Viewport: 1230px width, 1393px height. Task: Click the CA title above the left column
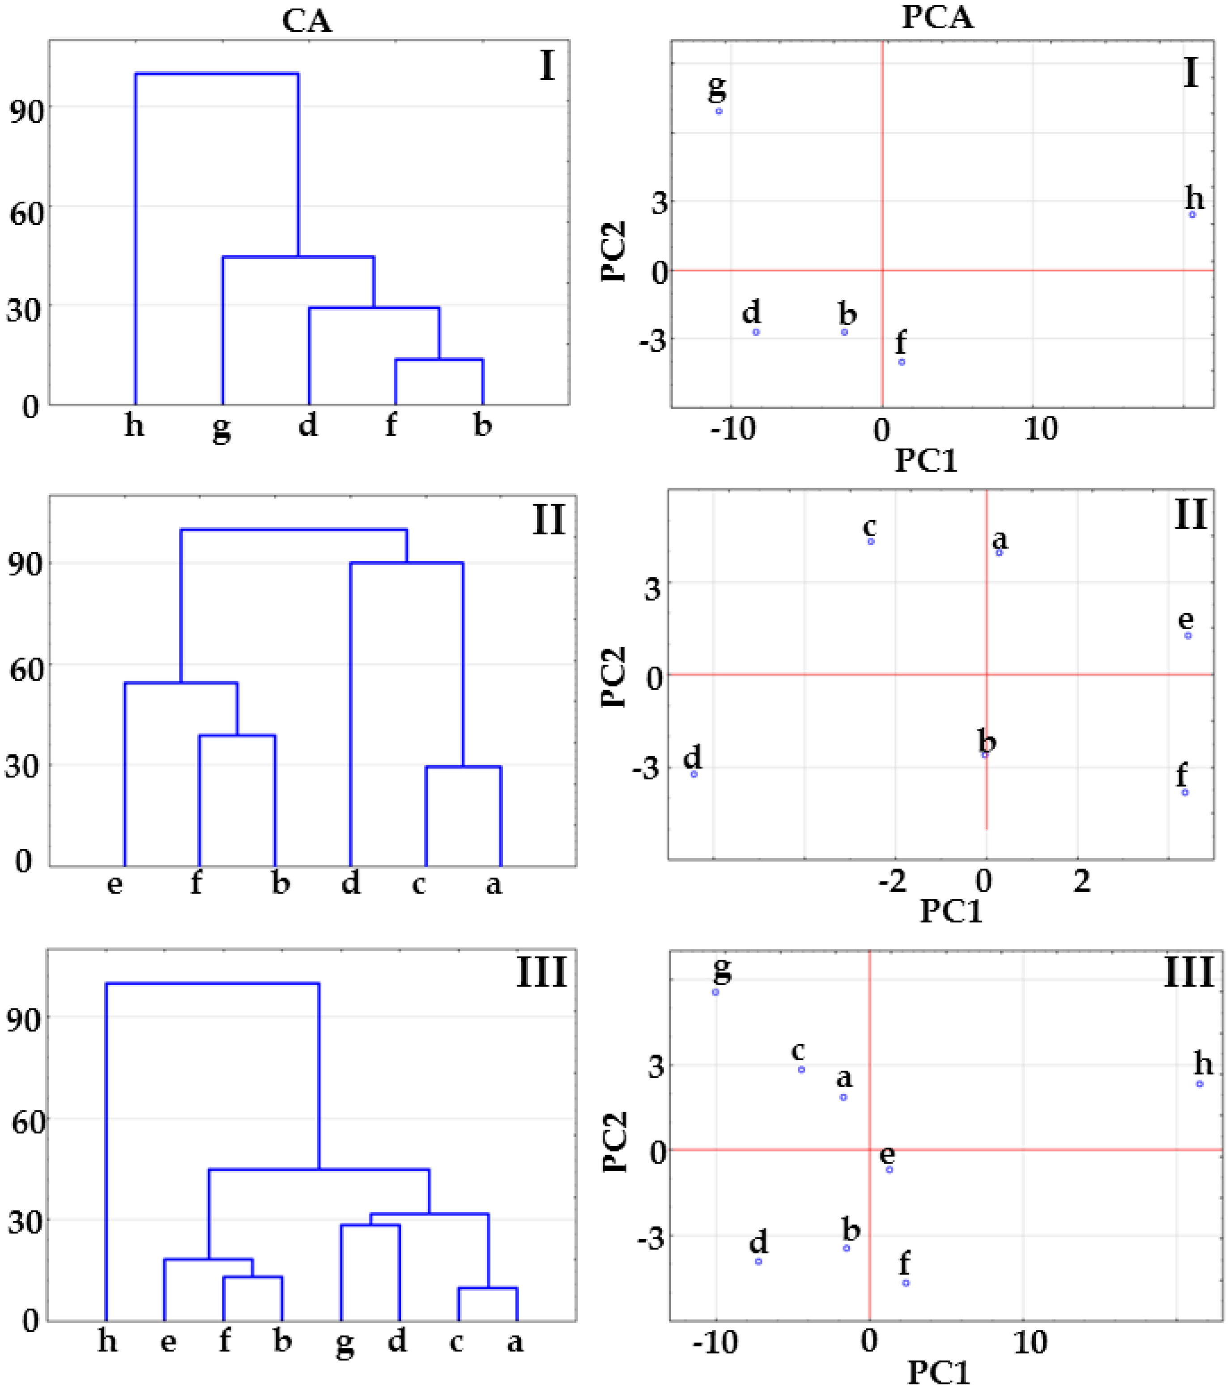tap(307, 21)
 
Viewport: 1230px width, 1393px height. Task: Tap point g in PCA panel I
tap(719, 111)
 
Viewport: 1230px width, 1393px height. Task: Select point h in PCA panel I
tap(1192, 215)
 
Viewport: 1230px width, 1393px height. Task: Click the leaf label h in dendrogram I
tap(134, 425)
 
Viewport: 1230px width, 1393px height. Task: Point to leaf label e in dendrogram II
tap(115, 884)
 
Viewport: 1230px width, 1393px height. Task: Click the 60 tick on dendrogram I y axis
tap(26, 213)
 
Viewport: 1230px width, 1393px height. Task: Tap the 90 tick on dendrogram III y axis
tap(26, 1020)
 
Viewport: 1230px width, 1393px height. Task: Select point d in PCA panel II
tap(694, 774)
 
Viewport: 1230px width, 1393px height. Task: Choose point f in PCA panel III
tap(906, 1283)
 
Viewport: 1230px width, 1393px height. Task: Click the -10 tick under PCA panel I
tap(732, 429)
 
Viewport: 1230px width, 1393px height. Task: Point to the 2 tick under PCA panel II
tap(1081, 881)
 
